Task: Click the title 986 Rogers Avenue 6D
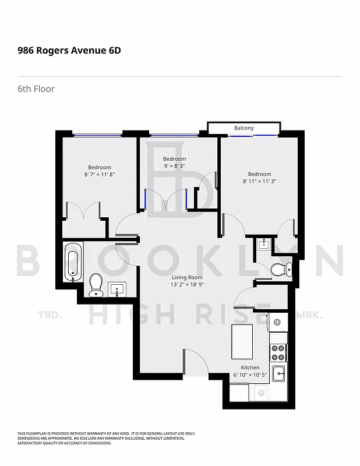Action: (x=69, y=50)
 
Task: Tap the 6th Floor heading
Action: (x=36, y=89)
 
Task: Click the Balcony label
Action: (x=244, y=128)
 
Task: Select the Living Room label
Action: (x=187, y=277)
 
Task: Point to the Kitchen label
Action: (x=250, y=368)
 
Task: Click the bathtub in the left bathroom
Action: (x=73, y=262)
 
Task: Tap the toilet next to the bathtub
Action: (x=96, y=284)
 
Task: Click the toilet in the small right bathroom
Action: (x=281, y=269)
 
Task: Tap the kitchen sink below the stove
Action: (x=278, y=373)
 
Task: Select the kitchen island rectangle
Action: (x=242, y=341)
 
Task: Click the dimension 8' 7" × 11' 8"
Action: (x=100, y=174)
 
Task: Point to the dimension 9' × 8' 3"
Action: (x=175, y=166)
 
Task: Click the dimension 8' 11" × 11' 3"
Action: (x=259, y=181)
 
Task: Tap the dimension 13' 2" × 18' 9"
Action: (x=187, y=285)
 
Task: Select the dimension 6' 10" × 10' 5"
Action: (x=250, y=375)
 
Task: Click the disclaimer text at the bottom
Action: (x=106, y=438)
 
